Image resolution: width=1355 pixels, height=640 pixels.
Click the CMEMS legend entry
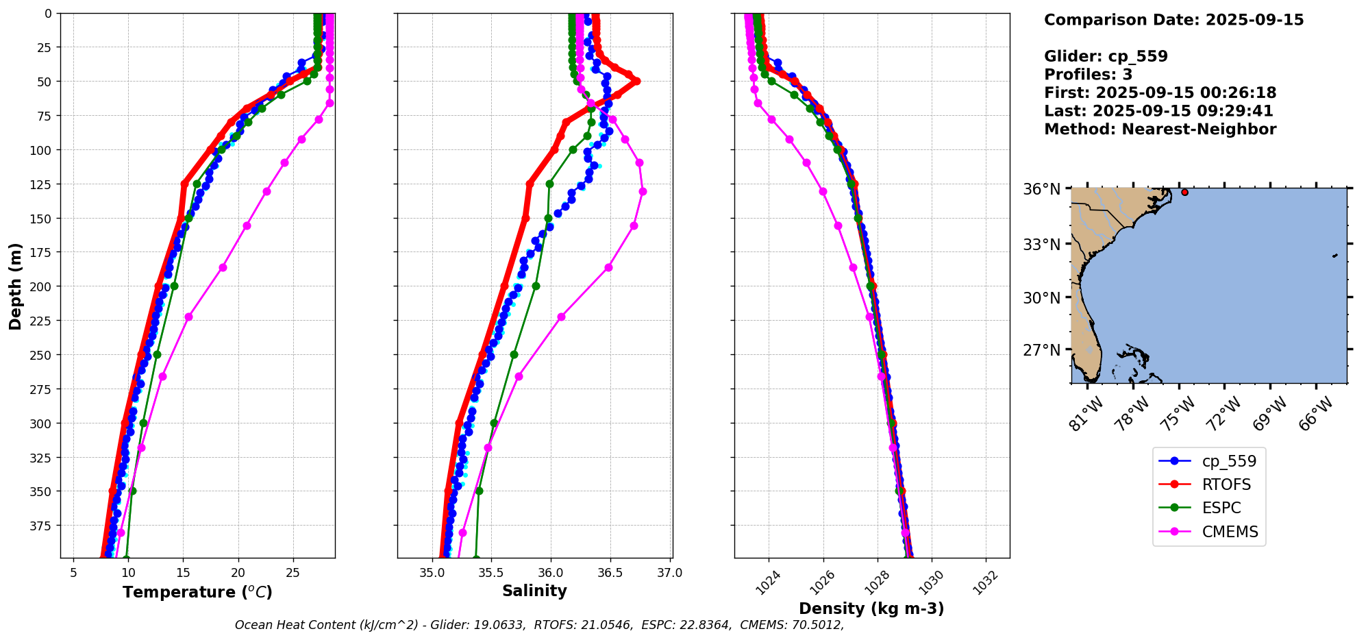click(1229, 532)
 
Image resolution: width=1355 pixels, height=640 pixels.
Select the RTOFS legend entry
click(1226, 485)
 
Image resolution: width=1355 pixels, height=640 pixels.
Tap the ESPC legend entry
click(1221, 508)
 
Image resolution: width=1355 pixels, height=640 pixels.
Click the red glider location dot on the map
click(1184, 193)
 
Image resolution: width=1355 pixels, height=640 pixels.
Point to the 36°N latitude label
click(1041, 189)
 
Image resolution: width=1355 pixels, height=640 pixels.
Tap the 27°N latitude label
click(1041, 350)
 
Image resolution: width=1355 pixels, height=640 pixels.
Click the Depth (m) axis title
click(15, 286)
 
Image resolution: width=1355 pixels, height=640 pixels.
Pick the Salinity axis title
click(534, 591)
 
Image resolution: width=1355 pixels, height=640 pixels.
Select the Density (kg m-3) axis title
click(871, 608)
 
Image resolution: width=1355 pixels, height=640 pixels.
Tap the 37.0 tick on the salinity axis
click(669, 573)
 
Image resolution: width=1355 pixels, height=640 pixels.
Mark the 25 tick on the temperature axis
click(293, 573)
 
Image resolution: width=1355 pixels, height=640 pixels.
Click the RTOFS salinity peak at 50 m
click(636, 81)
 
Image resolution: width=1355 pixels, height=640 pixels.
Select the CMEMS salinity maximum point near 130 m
click(643, 191)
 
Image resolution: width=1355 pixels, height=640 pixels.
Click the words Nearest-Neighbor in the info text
click(1199, 130)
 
